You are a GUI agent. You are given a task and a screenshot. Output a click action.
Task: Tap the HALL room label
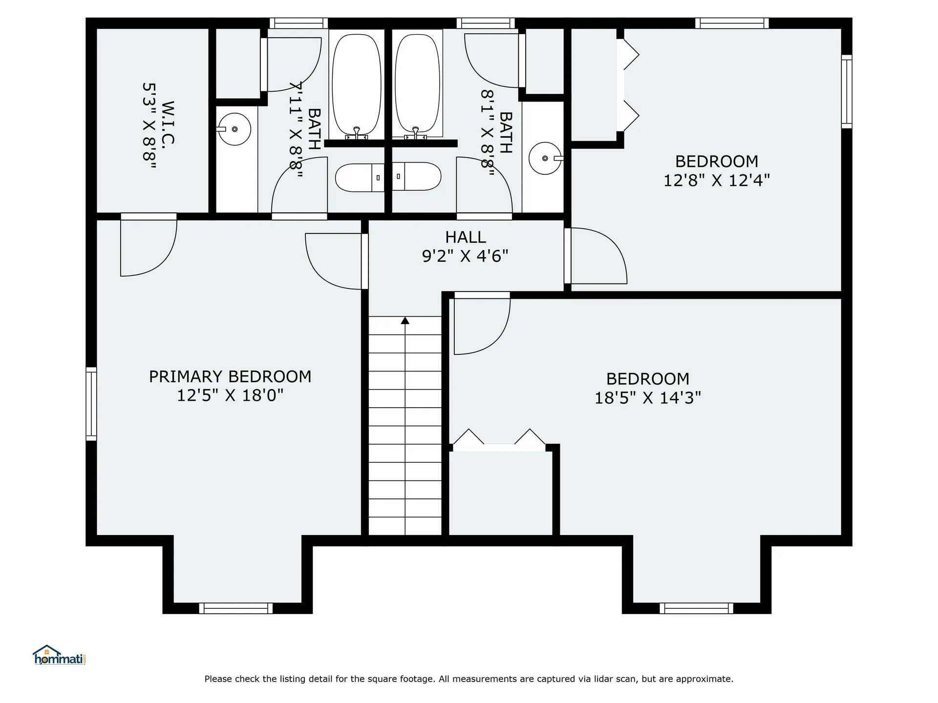pyautogui.click(x=465, y=237)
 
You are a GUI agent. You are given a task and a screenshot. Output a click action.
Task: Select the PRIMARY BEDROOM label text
pyautogui.click(x=230, y=376)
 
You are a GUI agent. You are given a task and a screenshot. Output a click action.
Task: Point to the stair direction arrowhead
pyautogui.click(x=405, y=320)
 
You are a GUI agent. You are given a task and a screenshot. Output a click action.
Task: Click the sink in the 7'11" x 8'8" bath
pyautogui.click(x=234, y=129)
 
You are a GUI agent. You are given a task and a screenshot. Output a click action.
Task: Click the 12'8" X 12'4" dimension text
pyautogui.click(x=716, y=181)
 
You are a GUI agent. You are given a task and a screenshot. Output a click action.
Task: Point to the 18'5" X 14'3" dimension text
pyautogui.click(x=647, y=398)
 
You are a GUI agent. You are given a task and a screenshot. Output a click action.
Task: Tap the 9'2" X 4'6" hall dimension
pyautogui.click(x=465, y=256)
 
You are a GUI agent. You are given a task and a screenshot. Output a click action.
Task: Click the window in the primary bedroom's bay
pyautogui.click(x=236, y=608)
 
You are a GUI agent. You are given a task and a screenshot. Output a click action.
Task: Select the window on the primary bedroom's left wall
pyautogui.click(x=91, y=404)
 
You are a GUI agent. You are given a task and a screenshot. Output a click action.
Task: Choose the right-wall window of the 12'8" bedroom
pyautogui.click(x=847, y=91)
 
